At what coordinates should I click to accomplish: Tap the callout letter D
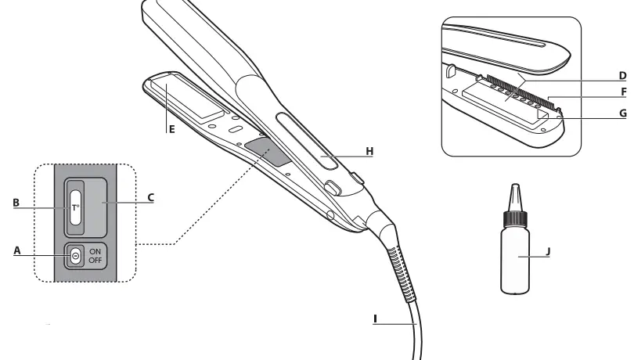[622, 77]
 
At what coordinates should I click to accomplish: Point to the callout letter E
[170, 131]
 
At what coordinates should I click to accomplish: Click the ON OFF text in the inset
[95, 255]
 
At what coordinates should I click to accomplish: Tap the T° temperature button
[75, 207]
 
